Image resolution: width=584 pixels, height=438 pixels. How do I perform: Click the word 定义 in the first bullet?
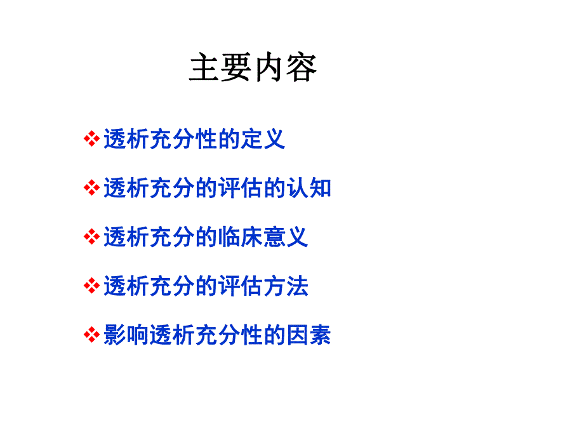[x=263, y=139]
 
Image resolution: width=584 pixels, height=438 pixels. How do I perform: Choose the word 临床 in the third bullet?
[x=240, y=237]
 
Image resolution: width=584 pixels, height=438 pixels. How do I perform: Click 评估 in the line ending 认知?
[x=240, y=188]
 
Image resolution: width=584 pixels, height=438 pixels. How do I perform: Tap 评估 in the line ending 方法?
[x=240, y=286]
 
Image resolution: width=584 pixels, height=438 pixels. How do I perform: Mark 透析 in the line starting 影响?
[x=172, y=335]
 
